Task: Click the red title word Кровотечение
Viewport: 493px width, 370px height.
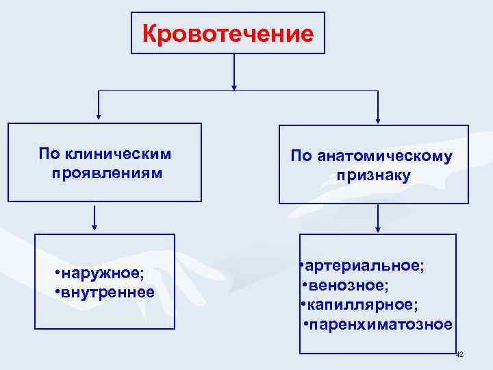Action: (228, 34)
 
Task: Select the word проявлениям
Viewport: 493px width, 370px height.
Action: (107, 173)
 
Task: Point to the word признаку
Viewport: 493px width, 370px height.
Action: (373, 176)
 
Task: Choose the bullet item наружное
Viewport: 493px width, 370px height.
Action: (103, 274)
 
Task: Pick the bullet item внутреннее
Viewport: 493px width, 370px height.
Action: (108, 293)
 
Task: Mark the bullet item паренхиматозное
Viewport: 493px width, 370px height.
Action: (381, 323)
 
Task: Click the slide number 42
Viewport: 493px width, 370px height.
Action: (459, 354)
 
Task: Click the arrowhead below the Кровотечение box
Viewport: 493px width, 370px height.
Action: (234, 86)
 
